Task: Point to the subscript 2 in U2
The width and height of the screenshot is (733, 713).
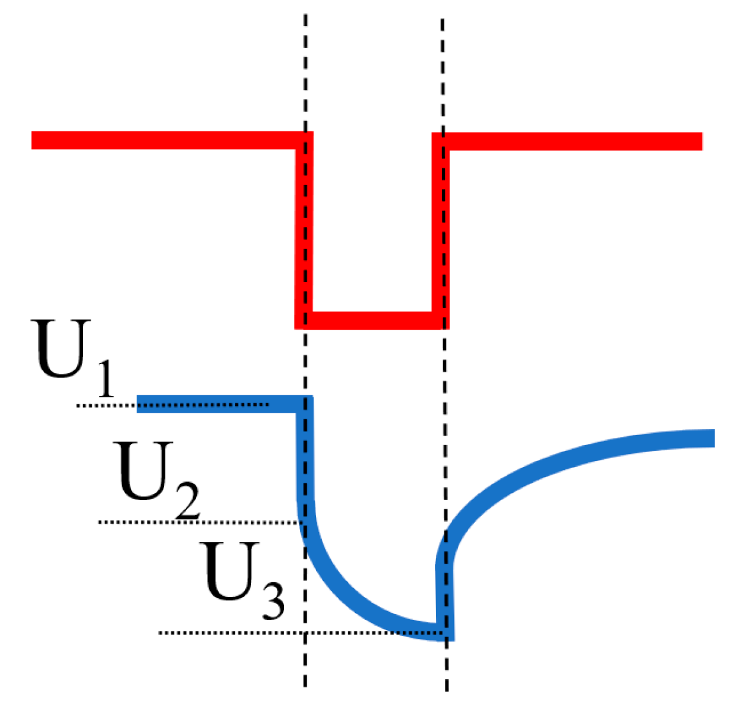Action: pos(187,502)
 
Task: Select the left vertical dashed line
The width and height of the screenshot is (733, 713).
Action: pos(305,77)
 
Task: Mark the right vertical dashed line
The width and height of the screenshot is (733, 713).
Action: pos(443,77)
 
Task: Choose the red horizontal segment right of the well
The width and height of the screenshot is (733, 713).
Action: pos(575,141)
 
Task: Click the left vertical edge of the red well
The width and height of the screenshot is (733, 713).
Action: pos(304,230)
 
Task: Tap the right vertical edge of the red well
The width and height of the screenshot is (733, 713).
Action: pos(441,230)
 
